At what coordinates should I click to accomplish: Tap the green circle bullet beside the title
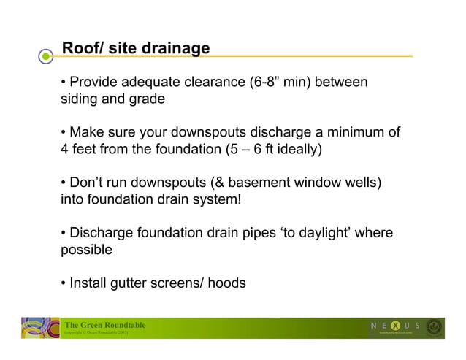47,55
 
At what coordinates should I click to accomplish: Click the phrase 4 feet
78,150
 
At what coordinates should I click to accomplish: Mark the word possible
85,250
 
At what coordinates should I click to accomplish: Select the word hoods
226,283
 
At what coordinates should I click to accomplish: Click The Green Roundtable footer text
105,325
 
